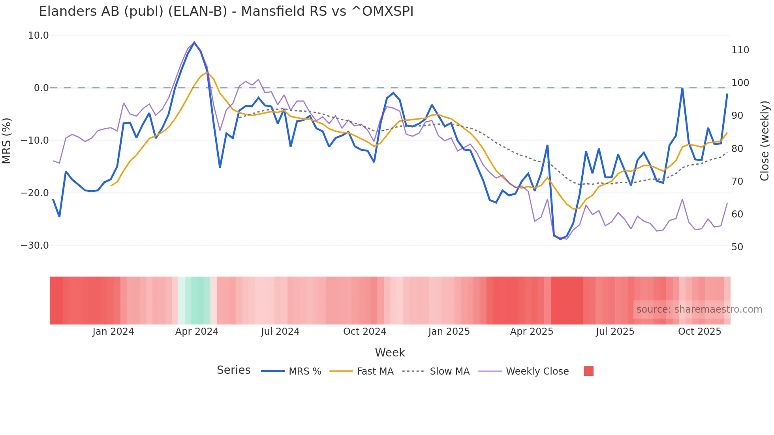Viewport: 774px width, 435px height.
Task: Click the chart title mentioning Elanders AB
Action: pyautogui.click(x=226, y=11)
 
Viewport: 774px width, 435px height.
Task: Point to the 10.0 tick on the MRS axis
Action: pyautogui.click(x=38, y=36)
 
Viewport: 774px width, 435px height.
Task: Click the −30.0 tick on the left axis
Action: pyautogui.click(x=35, y=246)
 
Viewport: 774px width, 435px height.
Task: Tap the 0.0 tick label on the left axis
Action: pyautogui.click(x=41, y=88)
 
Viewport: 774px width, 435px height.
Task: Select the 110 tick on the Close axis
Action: pyautogui.click(x=740, y=50)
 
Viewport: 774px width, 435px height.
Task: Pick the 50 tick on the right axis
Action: pyautogui.click(x=737, y=247)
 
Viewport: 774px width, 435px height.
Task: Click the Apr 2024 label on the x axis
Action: pyautogui.click(x=197, y=332)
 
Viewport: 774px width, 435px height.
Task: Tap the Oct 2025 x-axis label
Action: pyautogui.click(x=699, y=332)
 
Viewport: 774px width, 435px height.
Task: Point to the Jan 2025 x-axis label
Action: pyautogui.click(x=449, y=332)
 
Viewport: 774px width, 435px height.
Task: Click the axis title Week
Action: pyautogui.click(x=390, y=352)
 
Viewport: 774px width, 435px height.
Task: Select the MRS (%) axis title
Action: pyautogui.click(x=7, y=141)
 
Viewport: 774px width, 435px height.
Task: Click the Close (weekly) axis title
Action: pyautogui.click(x=765, y=141)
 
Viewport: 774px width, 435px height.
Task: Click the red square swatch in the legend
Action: pyautogui.click(x=588, y=371)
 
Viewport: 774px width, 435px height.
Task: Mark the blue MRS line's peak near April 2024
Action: pyautogui.click(x=194, y=42)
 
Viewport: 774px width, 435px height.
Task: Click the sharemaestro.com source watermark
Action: pyautogui.click(x=699, y=309)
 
